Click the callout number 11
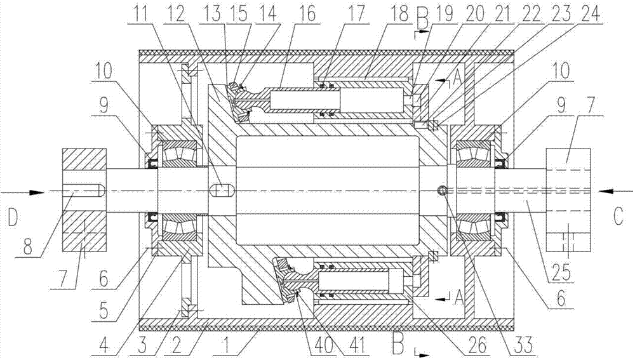(138, 15)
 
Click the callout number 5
(104, 311)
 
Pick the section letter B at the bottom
(399, 345)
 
